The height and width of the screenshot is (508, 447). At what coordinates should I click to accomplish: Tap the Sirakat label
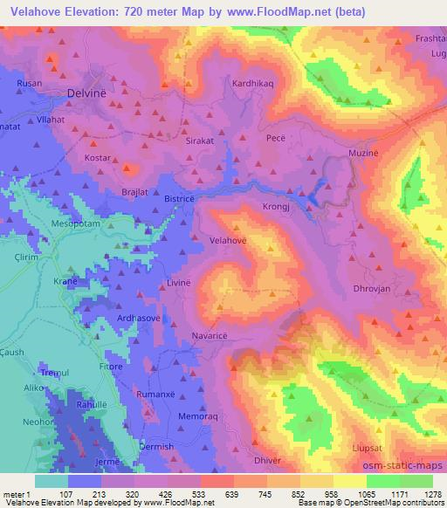point(206,140)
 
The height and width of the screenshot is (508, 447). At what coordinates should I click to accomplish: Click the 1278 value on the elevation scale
point(431,494)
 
